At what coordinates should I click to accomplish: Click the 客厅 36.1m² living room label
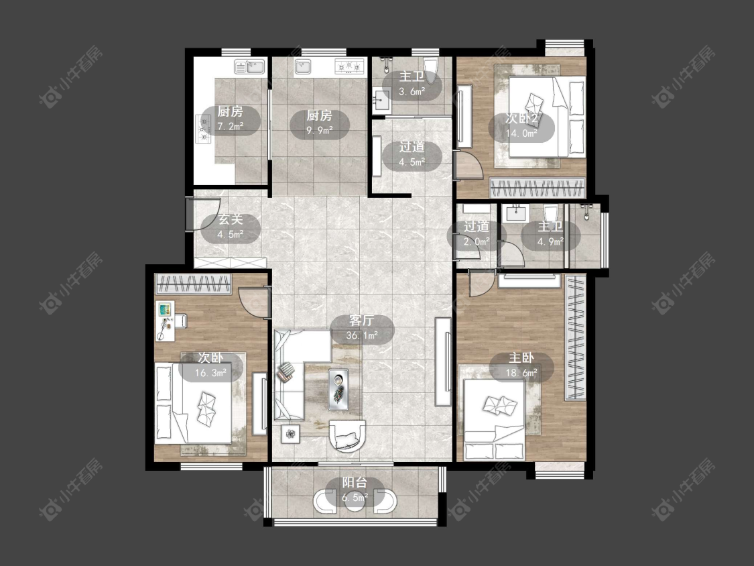363,329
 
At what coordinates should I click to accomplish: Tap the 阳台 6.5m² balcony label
355,490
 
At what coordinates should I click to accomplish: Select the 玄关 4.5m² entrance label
231,227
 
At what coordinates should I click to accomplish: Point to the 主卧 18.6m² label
521,365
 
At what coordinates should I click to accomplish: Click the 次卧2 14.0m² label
521,126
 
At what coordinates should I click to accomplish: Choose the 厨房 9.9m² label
320,123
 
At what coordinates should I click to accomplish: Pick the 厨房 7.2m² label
231,119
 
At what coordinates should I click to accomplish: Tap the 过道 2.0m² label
476,234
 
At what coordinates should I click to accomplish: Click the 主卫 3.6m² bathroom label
412,84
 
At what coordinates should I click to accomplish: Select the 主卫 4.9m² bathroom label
551,235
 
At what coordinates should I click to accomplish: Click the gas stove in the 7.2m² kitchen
204,130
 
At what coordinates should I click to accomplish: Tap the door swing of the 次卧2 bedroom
469,164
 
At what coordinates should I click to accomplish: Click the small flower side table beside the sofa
291,434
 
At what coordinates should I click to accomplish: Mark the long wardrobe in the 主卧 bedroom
575,337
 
